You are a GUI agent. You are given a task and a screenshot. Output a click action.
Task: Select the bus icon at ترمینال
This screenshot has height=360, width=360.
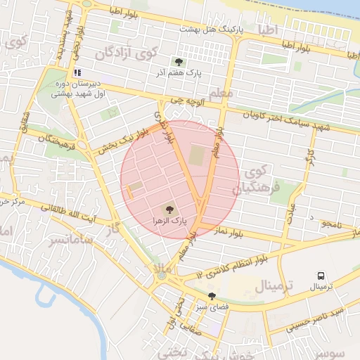(x=321, y=276)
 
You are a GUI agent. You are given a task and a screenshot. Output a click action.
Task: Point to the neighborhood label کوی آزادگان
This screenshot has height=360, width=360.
(x=126, y=53)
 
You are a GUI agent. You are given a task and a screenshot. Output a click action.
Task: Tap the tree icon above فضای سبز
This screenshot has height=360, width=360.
(x=212, y=296)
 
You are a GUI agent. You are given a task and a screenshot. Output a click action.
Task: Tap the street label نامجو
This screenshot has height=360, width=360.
(x=328, y=224)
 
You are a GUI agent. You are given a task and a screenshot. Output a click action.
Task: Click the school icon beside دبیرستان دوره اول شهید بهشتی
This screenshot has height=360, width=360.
(x=77, y=72)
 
